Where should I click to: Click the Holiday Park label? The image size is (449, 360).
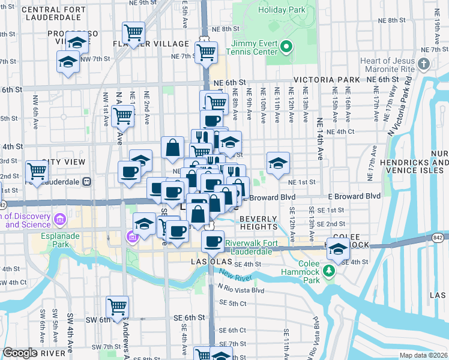283,10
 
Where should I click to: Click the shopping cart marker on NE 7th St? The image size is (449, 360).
206,53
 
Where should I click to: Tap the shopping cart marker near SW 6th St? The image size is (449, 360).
117,307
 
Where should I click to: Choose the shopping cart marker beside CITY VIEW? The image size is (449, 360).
37,172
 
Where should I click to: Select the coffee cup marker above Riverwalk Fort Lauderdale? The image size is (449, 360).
211,242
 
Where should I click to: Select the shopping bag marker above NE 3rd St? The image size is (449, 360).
172,149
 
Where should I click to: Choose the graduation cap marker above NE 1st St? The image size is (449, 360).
278,163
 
